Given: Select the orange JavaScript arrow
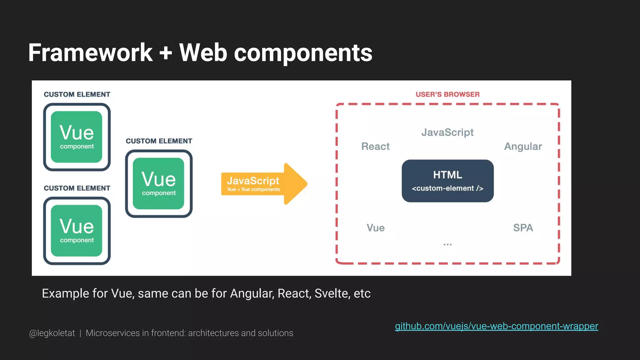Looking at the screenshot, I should click(264, 184).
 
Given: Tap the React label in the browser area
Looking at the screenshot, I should click(375, 146).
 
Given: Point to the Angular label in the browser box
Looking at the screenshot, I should click(523, 146).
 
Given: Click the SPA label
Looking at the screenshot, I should click(523, 227).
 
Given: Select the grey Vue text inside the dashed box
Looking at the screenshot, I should click(375, 227).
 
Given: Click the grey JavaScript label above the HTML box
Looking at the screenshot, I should click(447, 132).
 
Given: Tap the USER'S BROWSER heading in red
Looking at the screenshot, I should click(447, 94).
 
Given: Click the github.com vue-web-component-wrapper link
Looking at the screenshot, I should click(496, 326).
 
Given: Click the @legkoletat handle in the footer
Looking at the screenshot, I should click(52, 333).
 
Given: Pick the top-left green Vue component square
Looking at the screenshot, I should click(77, 137).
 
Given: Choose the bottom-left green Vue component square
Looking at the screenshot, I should click(77, 231).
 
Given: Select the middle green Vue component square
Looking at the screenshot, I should click(158, 183).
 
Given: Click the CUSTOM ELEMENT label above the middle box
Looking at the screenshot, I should click(159, 141).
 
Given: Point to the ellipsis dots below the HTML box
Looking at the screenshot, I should click(447, 244).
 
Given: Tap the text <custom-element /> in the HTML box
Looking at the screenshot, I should click(447, 188).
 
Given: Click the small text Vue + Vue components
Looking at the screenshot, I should click(253, 189).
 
